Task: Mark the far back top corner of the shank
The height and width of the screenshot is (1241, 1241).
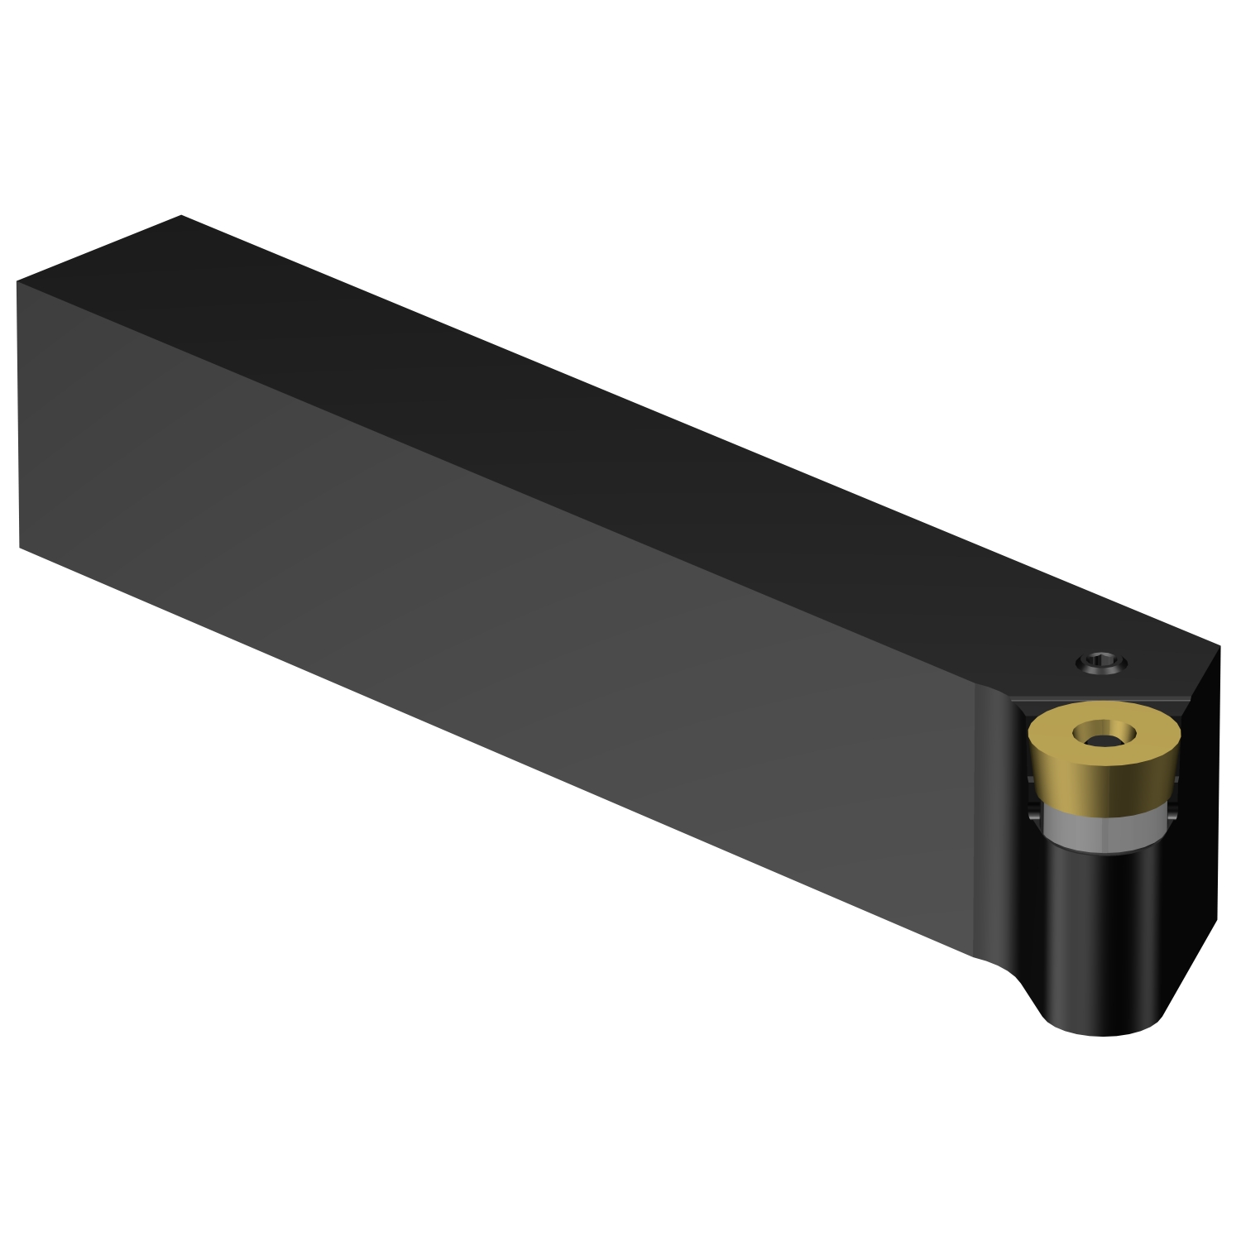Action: tap(181, 216)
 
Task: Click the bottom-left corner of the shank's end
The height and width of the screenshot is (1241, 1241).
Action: tap(20, 547)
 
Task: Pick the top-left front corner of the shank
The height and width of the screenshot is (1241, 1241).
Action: tap(17, 282)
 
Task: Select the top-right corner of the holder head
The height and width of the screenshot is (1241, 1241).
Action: tap(1219, 646)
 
